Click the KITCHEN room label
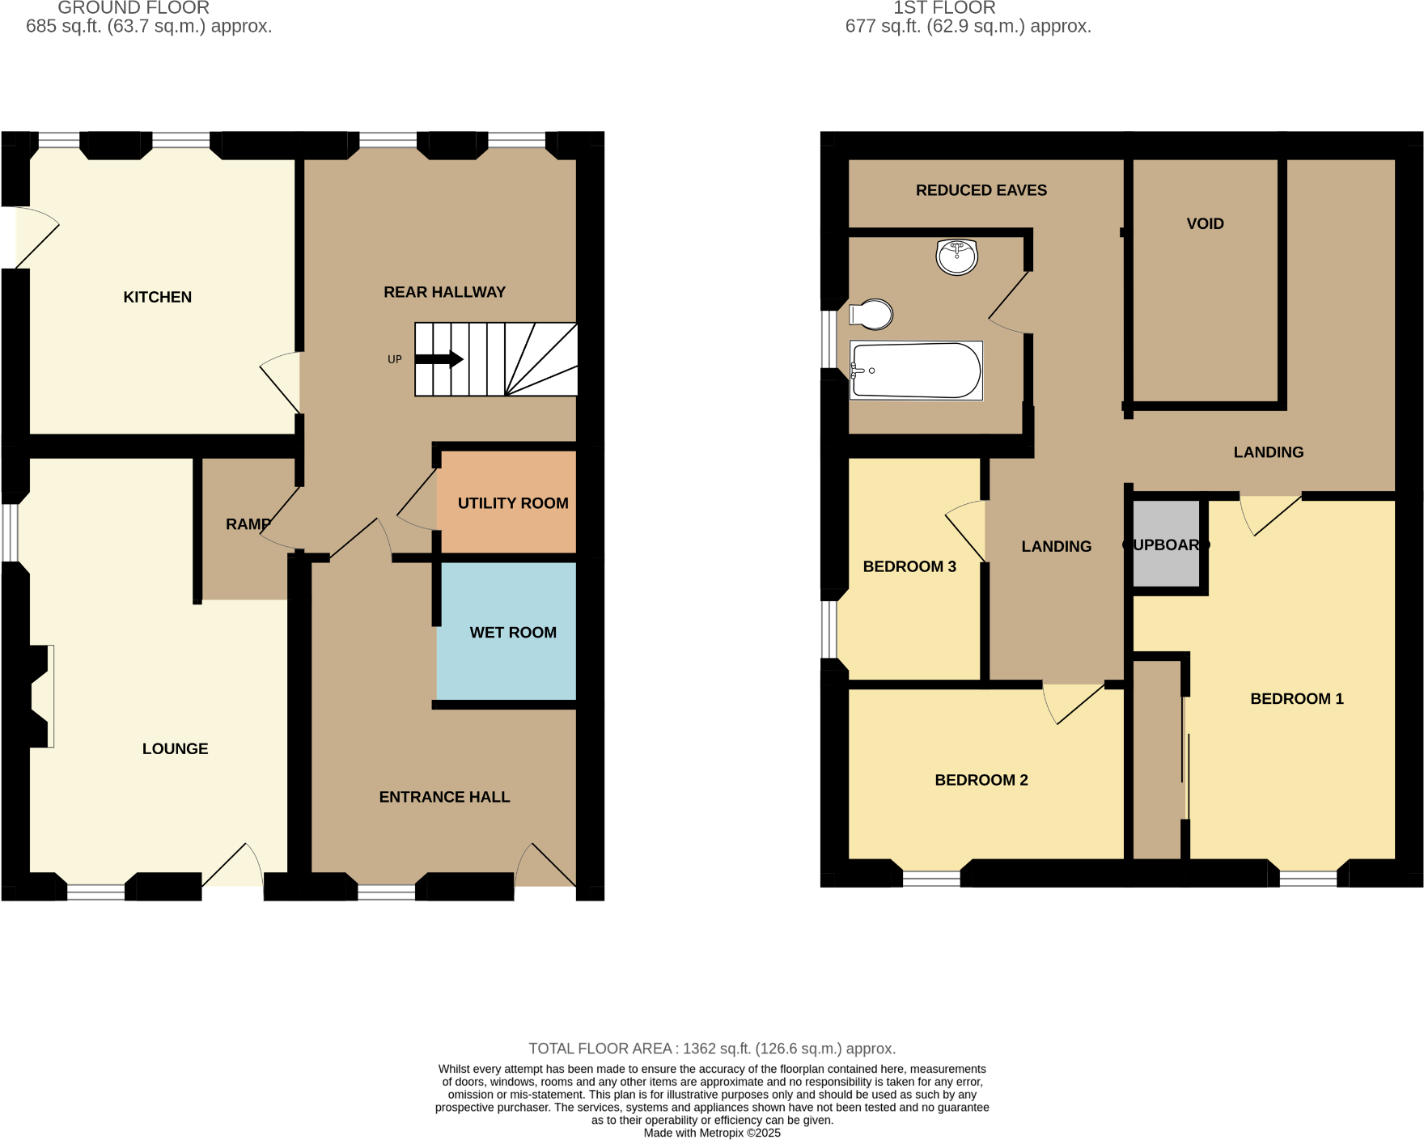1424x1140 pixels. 157,297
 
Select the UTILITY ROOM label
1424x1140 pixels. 513,503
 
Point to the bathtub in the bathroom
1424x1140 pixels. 916,371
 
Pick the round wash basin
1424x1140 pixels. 956,257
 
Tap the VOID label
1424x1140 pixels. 1205,224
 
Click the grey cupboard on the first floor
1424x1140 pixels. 1166,545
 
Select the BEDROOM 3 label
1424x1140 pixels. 909,566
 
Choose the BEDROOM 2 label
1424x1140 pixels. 981,780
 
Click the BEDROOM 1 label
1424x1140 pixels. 1296,699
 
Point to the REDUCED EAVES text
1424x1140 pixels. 981,190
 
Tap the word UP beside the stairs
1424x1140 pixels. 395,359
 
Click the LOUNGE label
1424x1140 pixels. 175,749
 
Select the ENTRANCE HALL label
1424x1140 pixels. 444,797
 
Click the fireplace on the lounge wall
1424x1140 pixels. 40,696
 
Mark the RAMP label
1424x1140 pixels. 248,524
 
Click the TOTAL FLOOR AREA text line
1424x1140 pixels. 712,1049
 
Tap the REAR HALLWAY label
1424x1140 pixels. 444,292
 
